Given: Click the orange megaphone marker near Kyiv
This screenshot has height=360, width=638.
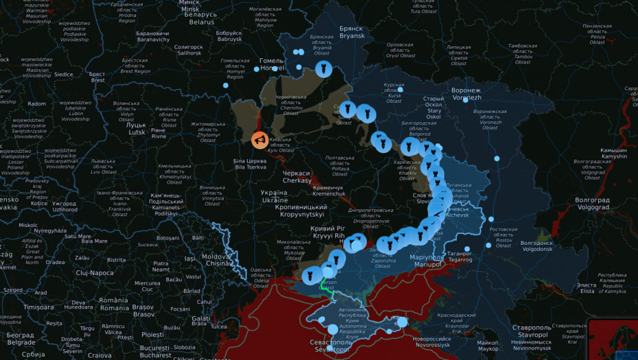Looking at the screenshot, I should [x=260, y=140].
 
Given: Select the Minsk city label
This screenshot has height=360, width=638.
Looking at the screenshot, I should [x=189, y=5].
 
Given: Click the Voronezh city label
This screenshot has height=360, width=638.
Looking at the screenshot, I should [x=466, y=93].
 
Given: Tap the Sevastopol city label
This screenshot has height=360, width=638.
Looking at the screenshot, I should [x=333, y=346].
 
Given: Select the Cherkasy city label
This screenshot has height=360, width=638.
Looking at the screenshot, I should [x=296, y=177].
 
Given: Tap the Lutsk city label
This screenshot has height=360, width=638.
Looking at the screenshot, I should [x=135, y=129].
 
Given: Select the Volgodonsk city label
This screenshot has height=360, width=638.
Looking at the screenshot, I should [x=536, y=246].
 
